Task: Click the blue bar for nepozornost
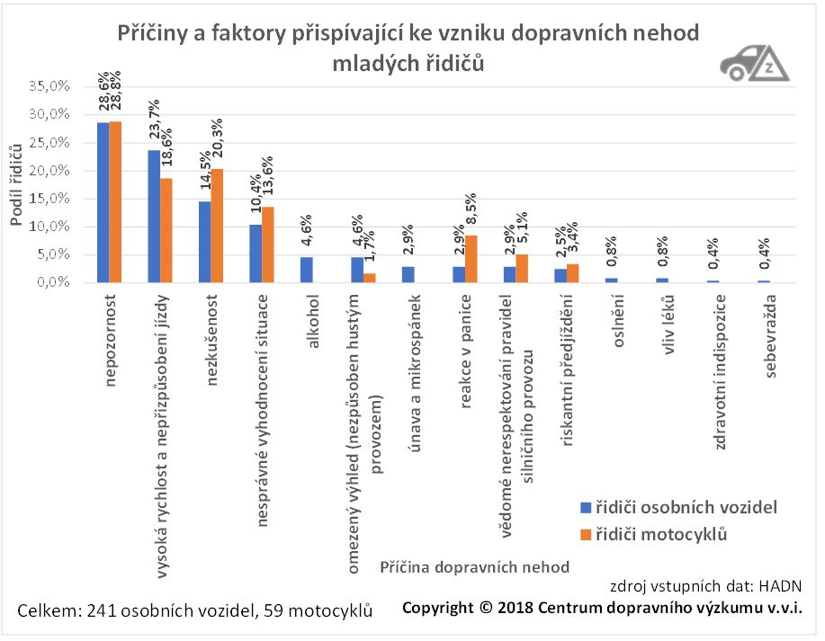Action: (103, 202)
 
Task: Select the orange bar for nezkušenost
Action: (217, 226)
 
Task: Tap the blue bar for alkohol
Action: (307, 270)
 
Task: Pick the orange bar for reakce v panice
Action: (472, 259)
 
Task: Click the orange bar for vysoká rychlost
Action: (166, 230)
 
